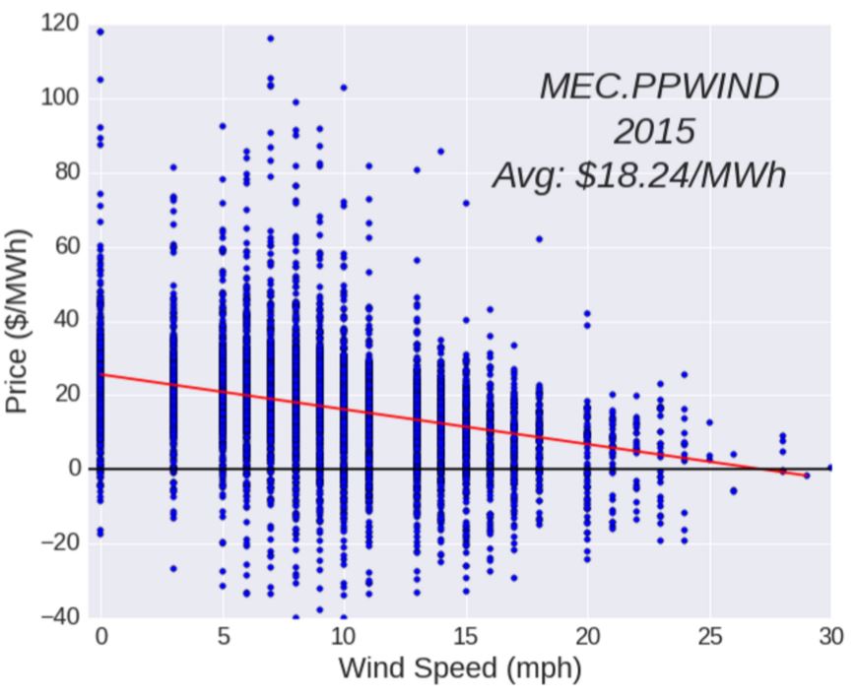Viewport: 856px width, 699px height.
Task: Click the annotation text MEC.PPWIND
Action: pyautogui.click(x=659, y=87)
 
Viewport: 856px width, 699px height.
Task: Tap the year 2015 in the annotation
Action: pyautogui.click(x=654, y=131)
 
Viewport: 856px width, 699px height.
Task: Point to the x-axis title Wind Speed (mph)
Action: pyautogui.click(x=460, y=668)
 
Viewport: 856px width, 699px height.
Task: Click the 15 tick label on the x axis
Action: pyautogui.click(x=465, y=637)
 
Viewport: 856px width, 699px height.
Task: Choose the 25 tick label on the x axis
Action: pyautogui.click(x=708, y=637)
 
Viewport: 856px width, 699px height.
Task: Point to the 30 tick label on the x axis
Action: pyautogui.click(x=829, y=637)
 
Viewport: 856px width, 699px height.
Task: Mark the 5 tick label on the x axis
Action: pyautogui.click(x=223, y=637)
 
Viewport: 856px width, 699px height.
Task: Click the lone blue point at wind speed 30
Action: pyautogui.click(x=830, y=468)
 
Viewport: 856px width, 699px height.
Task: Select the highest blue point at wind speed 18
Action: pyautogui.click(x=539, y=238)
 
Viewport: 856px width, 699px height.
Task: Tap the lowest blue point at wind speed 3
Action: pyautogui.click(x=173, y=568)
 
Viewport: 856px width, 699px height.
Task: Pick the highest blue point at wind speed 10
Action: pyautogui.click(x=344, y=88)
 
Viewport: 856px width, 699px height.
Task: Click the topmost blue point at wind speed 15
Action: pyautogui.click(x=466, y=203)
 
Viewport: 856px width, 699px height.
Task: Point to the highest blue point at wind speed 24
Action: pyautogui.click(x=685, y=374)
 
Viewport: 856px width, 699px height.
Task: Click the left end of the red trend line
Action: pyautogui.click(x=100, y=374)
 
